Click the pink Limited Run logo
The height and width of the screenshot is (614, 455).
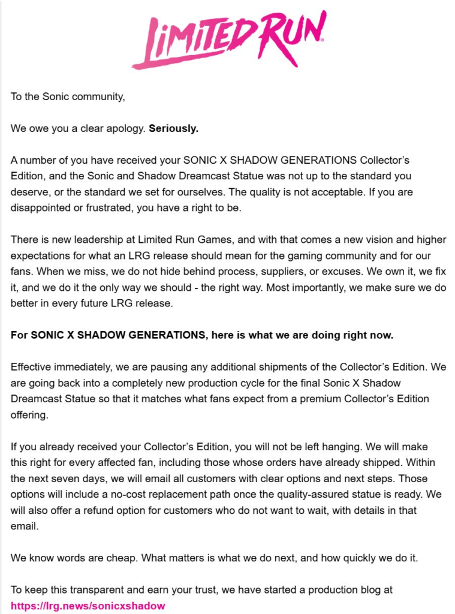point(228,38)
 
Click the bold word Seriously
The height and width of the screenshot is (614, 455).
point(173,129)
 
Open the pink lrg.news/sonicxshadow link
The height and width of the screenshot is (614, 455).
point(88,606)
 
